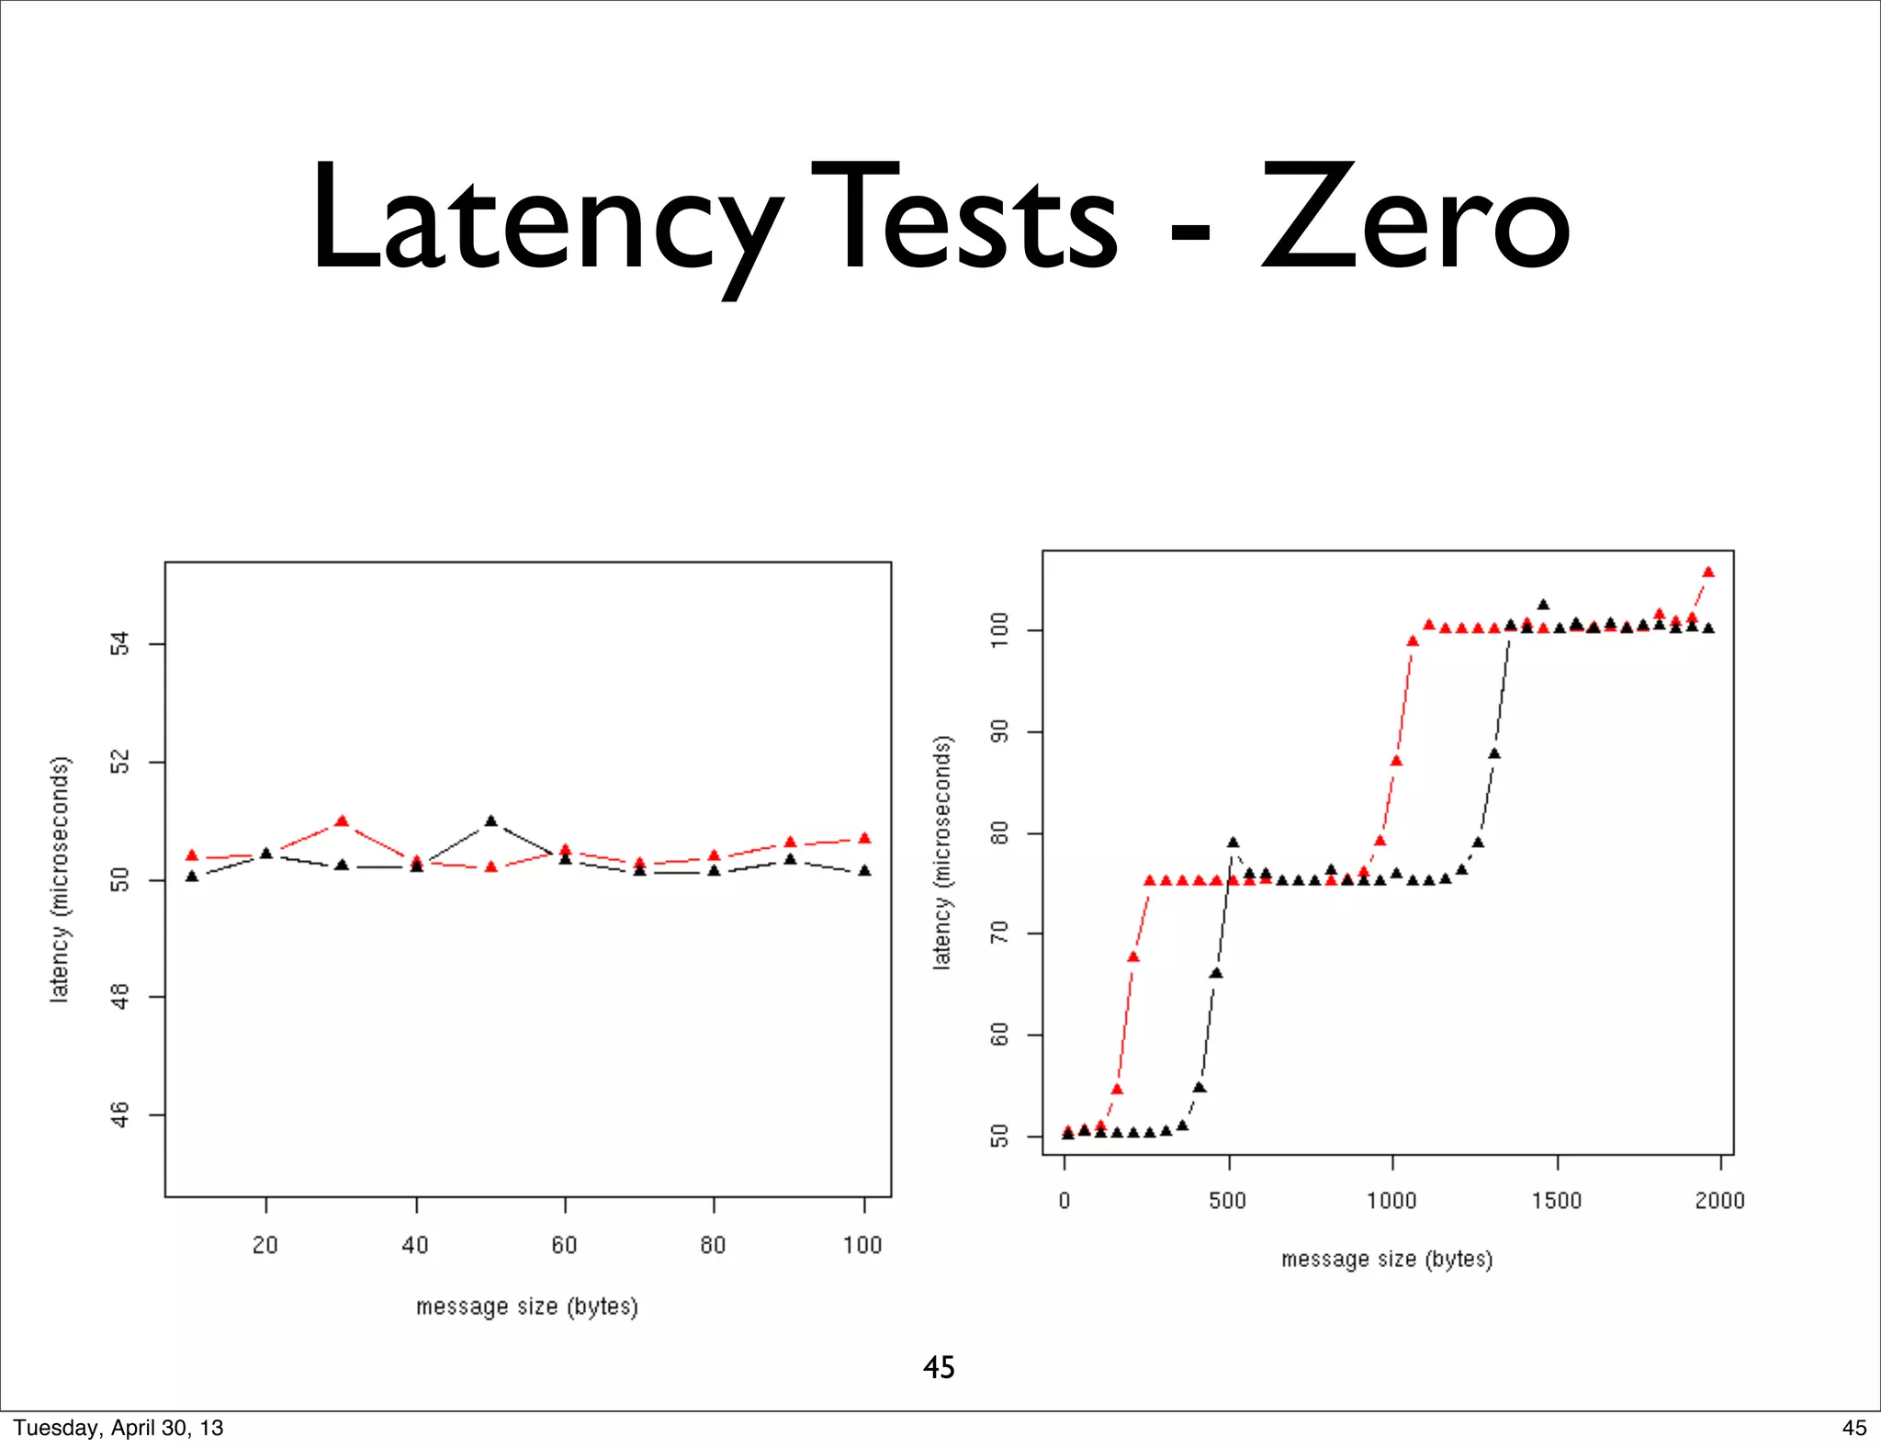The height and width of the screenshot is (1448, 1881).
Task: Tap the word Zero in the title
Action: (x=1414, y=221)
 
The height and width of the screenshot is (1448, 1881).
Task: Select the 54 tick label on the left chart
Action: (x=120, y=644)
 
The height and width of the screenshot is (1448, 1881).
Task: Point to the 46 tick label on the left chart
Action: (x=120, y=1114)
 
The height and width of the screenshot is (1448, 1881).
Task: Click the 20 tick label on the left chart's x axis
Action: (x=265, y=1245)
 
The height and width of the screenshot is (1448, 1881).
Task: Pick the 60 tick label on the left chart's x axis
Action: (x=564, y=1245)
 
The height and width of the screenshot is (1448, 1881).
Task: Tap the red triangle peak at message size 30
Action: (x=342, y=820)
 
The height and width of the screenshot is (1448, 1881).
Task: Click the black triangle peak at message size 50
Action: (x=490, y=820)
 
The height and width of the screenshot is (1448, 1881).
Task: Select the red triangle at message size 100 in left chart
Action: (x=864, y=838)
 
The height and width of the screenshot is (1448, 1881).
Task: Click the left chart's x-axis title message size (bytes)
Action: (x=526, y=1306)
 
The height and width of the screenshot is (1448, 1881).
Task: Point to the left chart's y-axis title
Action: (x=60, y=878)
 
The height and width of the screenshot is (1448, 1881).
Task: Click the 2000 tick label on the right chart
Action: (x=1719, y=1200)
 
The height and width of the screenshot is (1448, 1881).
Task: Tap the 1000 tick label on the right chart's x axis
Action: (x=1391, y=1200)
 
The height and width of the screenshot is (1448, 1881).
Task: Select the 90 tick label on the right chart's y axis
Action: (x=1000, y=731)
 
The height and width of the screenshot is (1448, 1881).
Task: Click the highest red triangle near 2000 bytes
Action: (x=1708, y=571)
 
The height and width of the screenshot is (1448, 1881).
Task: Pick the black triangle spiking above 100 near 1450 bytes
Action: (x=1543, y=605)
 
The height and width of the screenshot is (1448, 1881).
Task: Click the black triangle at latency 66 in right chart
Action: (x=1216, y=973)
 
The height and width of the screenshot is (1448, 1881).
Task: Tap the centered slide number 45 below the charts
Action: (x=939, y=1367)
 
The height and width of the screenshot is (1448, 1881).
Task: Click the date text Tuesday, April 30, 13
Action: (x=118, y=1428)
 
